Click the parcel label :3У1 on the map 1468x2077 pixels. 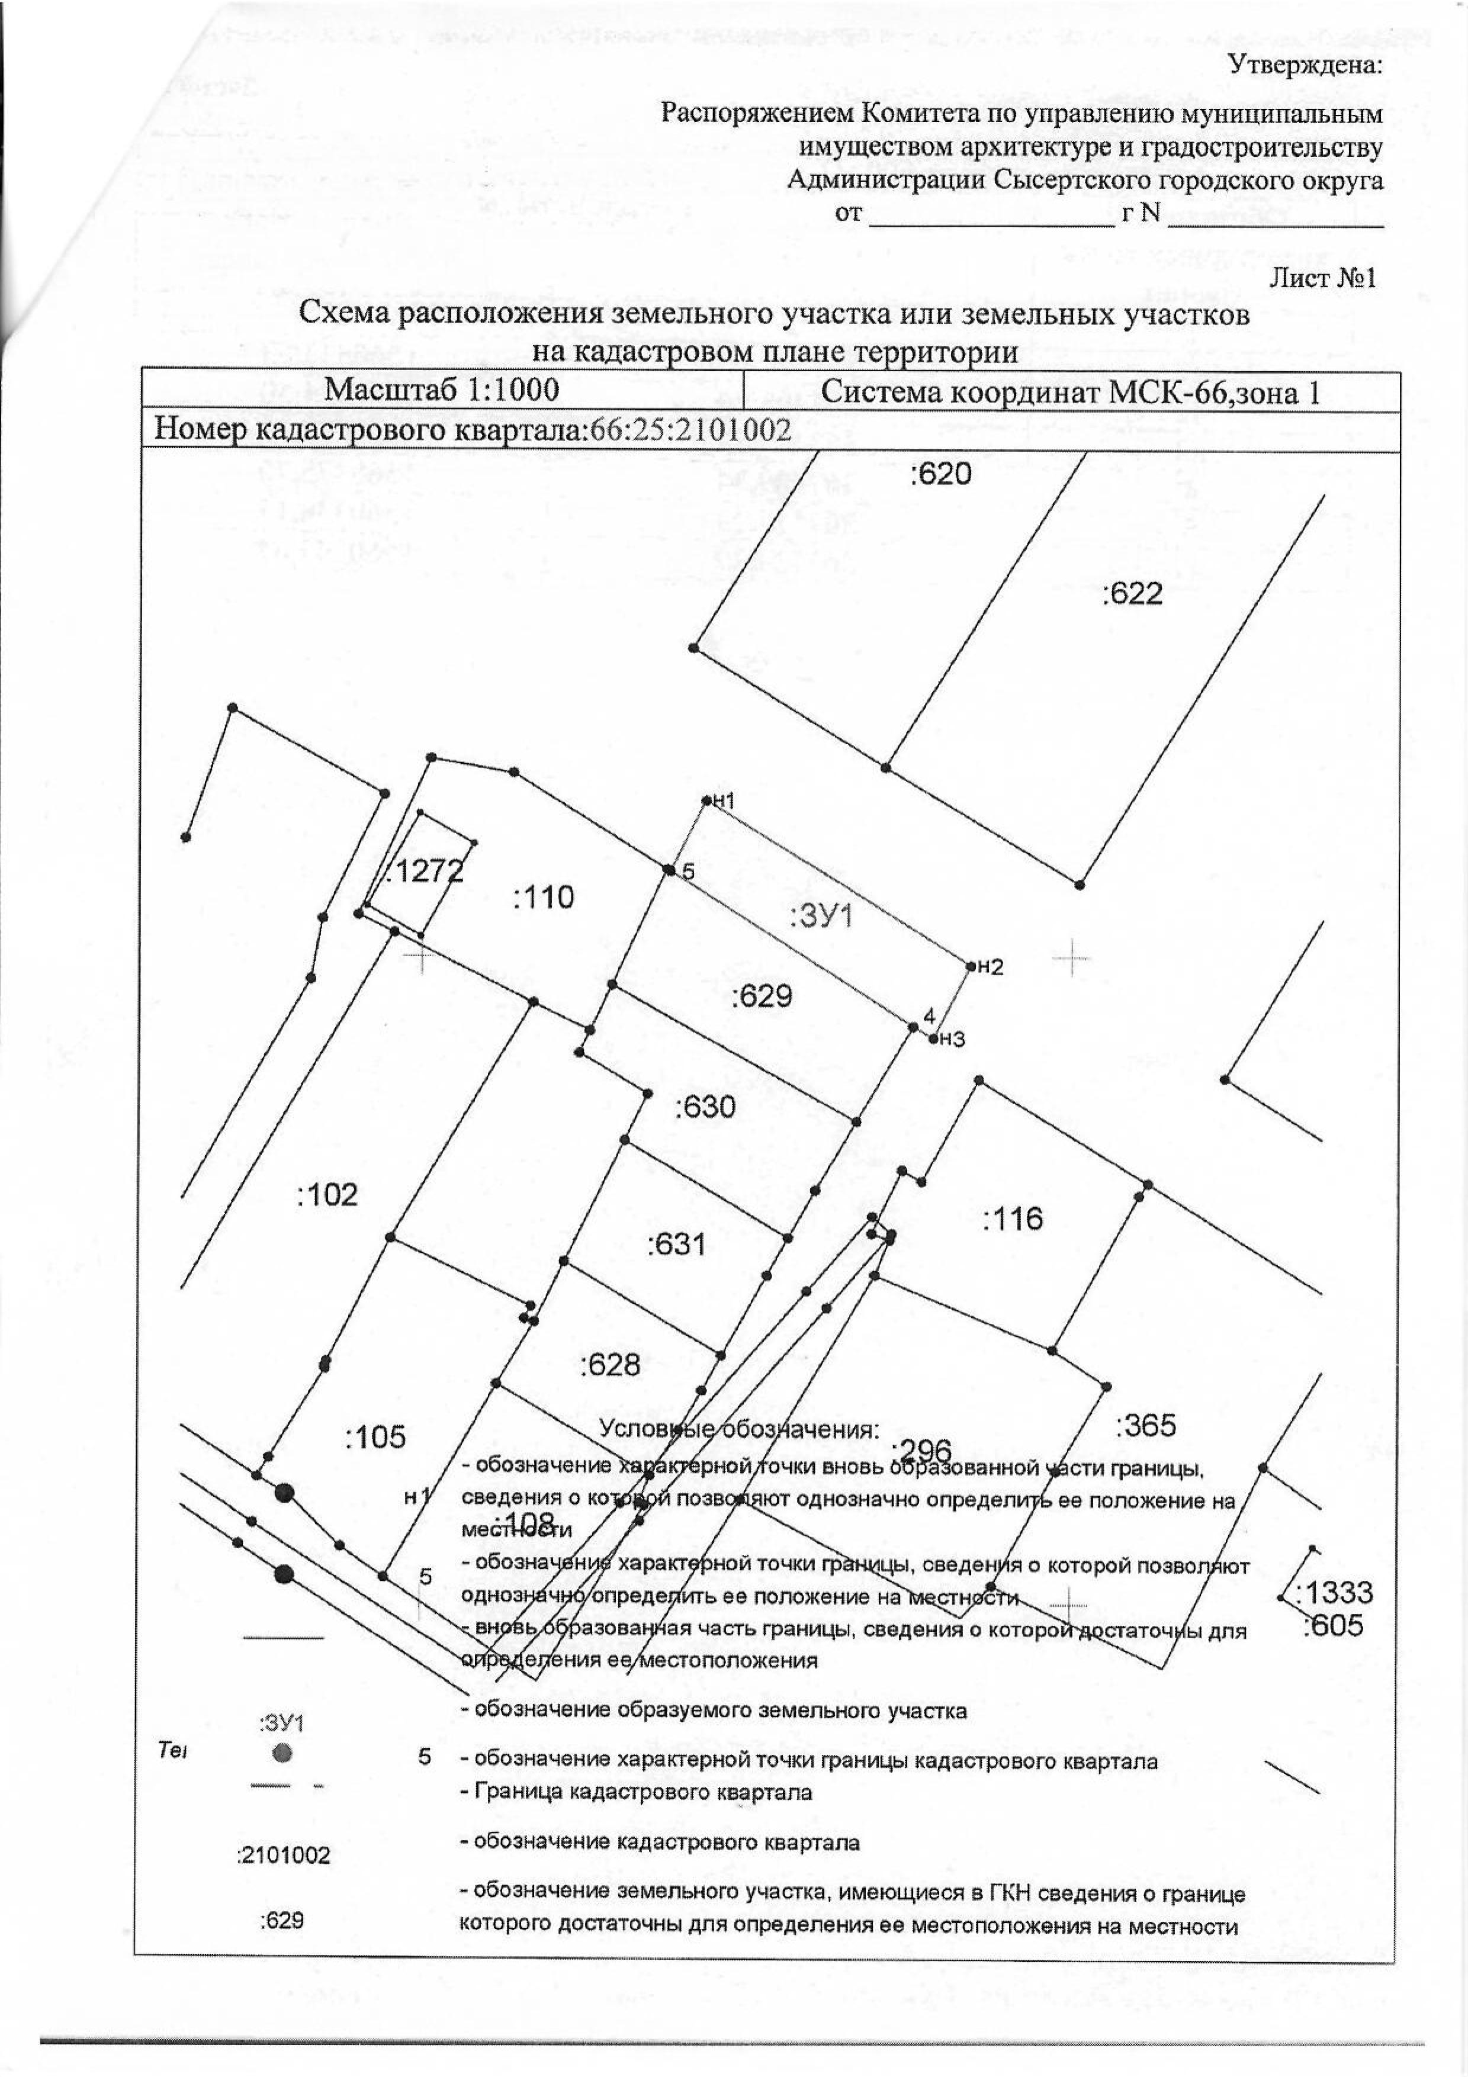pos(821,917)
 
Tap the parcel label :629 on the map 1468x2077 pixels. pos(762,996)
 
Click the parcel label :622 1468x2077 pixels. pos(1132,594)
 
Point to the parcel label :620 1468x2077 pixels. pos(941,473)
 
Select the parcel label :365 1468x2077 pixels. pos(1145,1426)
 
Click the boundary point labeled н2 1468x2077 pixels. pos(971,966)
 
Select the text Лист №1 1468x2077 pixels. pos(1322,278)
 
